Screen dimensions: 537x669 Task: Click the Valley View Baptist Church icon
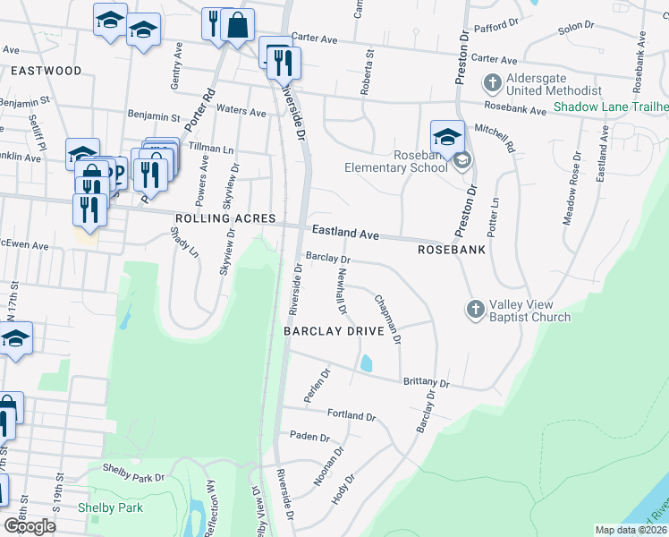(x=475, y=309)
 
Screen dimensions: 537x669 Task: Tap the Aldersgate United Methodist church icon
(x=491, y=84)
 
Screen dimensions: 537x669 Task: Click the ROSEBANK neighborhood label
(x=452, y=250)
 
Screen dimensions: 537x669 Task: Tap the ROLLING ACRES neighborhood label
(x=224, y=219)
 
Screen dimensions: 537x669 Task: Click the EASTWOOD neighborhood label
(x=46, y=71)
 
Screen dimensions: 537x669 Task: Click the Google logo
(x=30, y=525)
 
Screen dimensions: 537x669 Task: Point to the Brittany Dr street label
(x=426, y=383)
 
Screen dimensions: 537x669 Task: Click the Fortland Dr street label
(x=351, y=416)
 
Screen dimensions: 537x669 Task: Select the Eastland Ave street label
(x=345, y=233)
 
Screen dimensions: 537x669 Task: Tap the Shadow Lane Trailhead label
(x=610, y=107)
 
